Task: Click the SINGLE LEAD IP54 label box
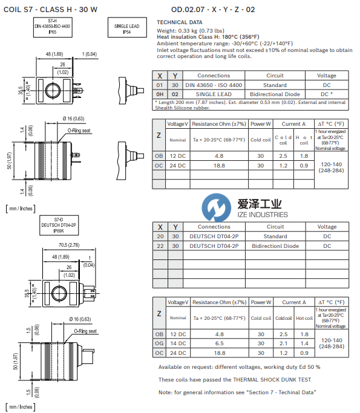point(126,30)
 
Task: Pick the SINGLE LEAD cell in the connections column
point(214,94)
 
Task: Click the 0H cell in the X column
point(159,94)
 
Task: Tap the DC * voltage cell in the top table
point(327,94)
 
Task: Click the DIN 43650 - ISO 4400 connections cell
point(214,85)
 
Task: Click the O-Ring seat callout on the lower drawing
point(87,331)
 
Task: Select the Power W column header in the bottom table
point(261,302)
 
